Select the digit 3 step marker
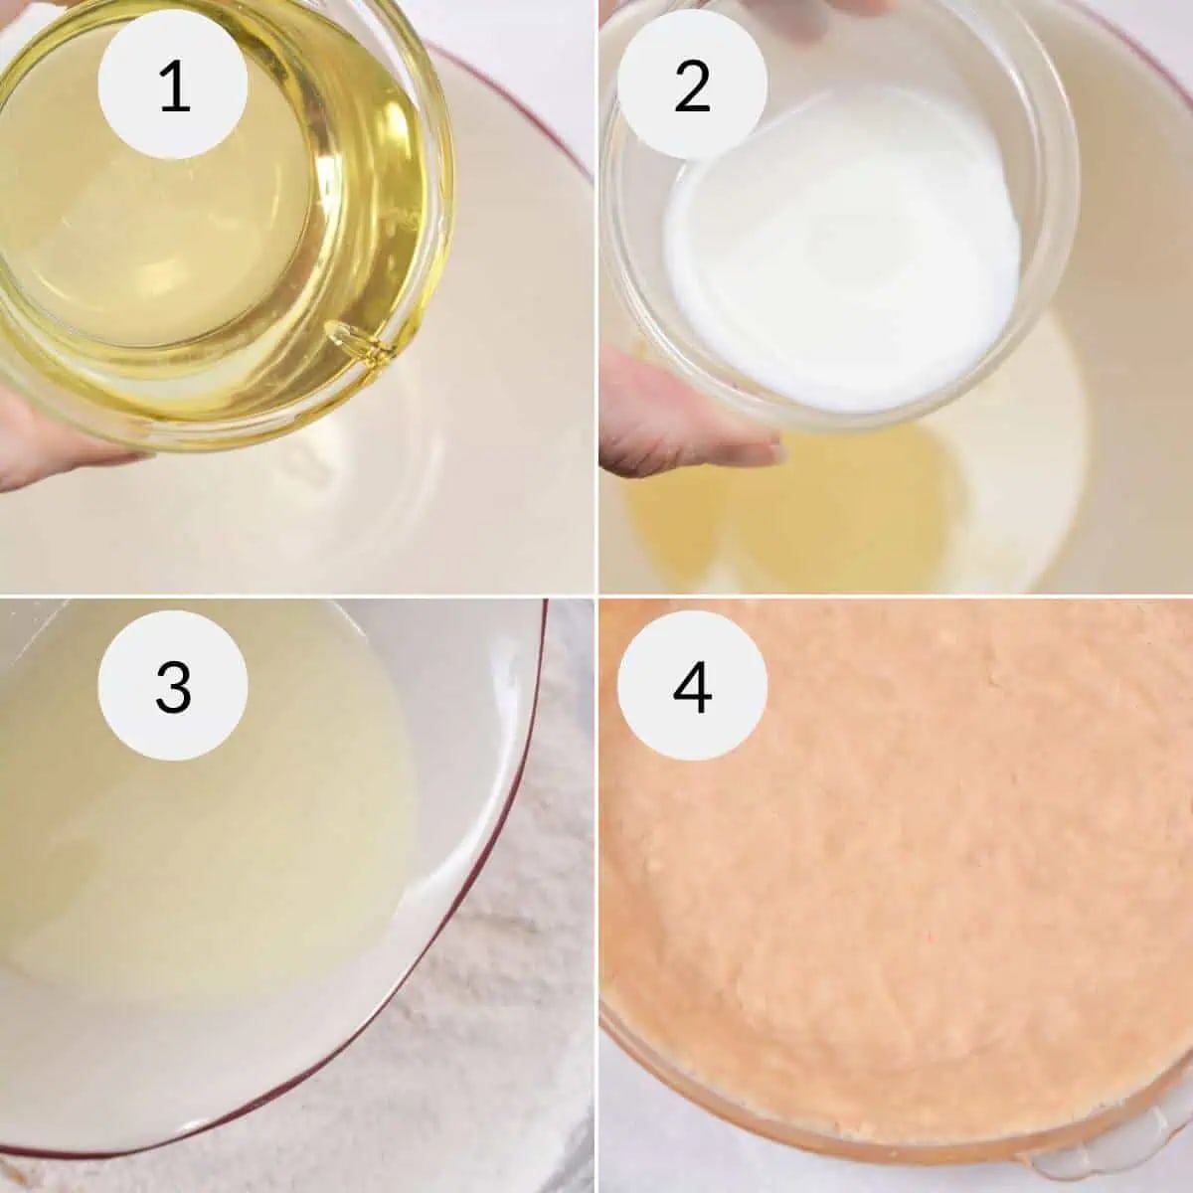(x=173, y=687)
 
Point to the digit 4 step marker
(x=692, y=687)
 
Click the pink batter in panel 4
(x=898, y=867)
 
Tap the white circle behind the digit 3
(x=173, y=685)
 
